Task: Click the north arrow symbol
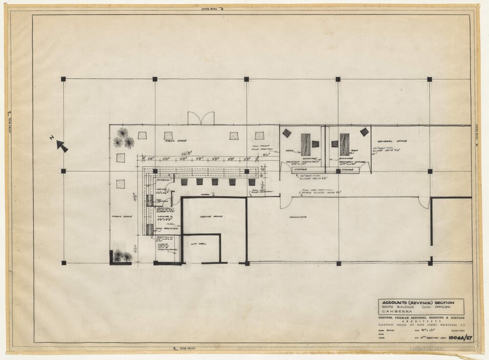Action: (62, 145)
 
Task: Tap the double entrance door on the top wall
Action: (201, 118)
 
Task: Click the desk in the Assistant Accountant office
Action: (306, 144)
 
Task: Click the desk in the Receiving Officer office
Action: (344, 144)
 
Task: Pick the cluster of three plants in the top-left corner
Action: (123, 138)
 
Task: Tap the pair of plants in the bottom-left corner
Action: (122, 256)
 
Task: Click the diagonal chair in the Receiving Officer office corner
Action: (364, 132)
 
